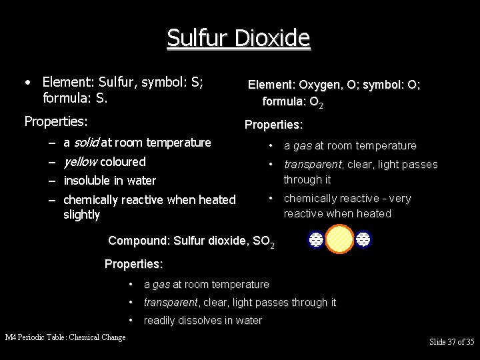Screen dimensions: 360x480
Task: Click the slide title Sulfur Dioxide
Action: point(239,38)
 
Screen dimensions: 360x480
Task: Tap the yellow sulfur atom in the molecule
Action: point(340,239)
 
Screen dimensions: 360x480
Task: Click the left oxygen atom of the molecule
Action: point(317,239)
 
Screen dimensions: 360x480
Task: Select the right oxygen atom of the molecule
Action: point(363,239)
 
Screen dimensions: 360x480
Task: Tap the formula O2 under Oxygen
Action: point(315,103)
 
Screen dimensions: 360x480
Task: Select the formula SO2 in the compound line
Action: point(263,241)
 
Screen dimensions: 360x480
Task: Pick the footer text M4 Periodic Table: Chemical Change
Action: point(65,337)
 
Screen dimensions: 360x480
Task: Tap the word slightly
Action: point(81,215)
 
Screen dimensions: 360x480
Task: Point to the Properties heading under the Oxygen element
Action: point(274,125)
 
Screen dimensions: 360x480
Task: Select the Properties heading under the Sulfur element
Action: point(55,121)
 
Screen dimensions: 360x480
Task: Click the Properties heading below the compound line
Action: point(134,264)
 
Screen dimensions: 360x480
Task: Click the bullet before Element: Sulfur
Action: point(27,83)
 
